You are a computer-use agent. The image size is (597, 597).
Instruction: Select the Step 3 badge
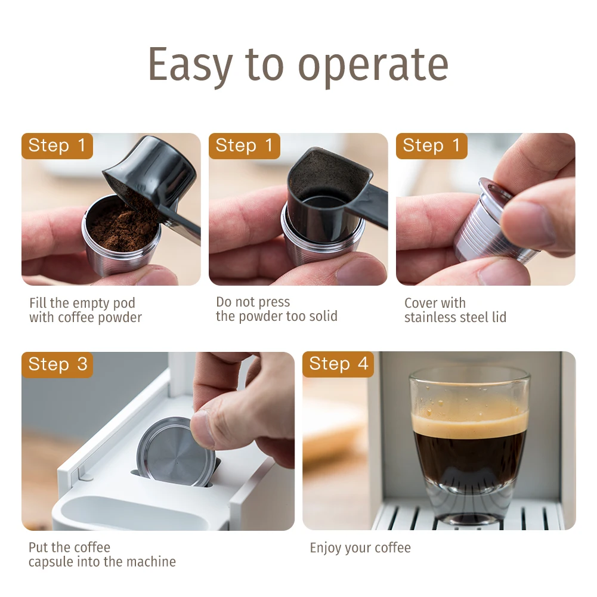[57, 365]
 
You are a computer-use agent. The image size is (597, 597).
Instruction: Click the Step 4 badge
[338, 364]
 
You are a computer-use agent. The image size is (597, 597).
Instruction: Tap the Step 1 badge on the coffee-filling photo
[57, 146]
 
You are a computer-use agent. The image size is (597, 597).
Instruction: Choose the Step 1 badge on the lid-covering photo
[431, 146]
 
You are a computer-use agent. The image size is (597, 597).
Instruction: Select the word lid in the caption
[499, 317]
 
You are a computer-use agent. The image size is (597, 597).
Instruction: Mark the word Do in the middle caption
[224, 302]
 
